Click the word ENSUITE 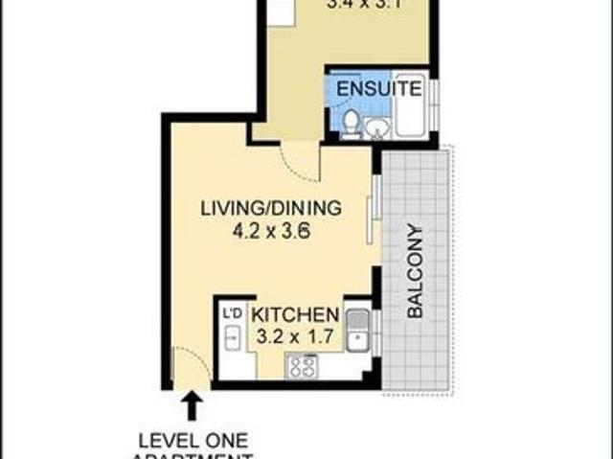(377, 91)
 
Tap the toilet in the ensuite (352, 123)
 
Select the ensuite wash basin (376, 126)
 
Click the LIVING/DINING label (271, 208)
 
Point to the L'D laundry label (232, 313)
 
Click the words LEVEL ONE (193, 441)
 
